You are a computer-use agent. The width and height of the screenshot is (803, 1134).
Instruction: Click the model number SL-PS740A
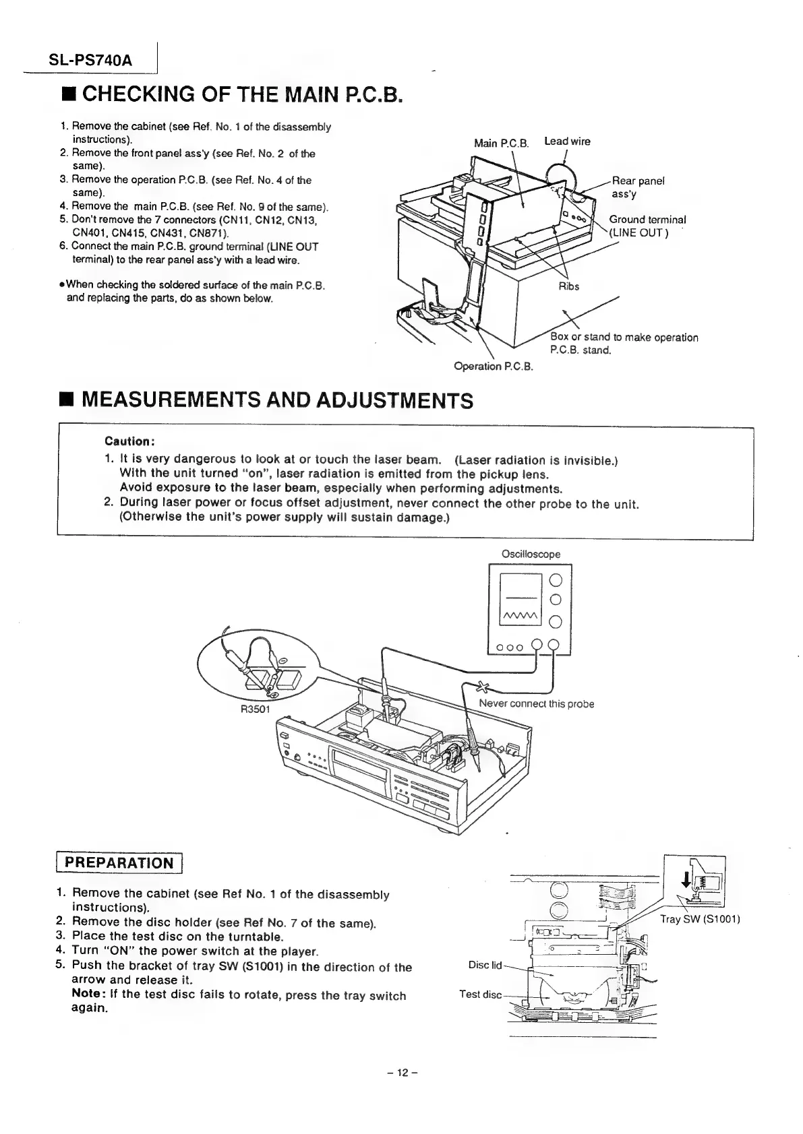[91, 61]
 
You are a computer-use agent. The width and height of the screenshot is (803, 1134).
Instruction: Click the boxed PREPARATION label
[119, 862]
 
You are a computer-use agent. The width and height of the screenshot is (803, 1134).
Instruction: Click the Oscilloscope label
[531, 554]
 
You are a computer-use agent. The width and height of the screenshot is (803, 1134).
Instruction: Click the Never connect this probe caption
[536, 704]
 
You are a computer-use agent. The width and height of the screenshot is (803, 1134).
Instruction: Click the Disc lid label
[485, 965]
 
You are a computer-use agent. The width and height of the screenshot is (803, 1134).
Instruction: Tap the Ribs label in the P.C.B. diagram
[569, 286]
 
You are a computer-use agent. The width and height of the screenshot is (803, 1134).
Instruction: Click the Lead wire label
[567, 141]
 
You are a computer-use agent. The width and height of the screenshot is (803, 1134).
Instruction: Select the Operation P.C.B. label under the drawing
[494, 367]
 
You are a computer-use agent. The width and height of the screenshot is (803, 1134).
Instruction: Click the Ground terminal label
[647, 220]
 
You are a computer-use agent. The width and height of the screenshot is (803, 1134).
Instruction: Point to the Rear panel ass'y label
[638, 187]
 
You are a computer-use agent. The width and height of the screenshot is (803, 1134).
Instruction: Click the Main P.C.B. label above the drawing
[501, 143]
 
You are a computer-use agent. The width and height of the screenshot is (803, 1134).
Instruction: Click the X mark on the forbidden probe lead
[482, 687]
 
